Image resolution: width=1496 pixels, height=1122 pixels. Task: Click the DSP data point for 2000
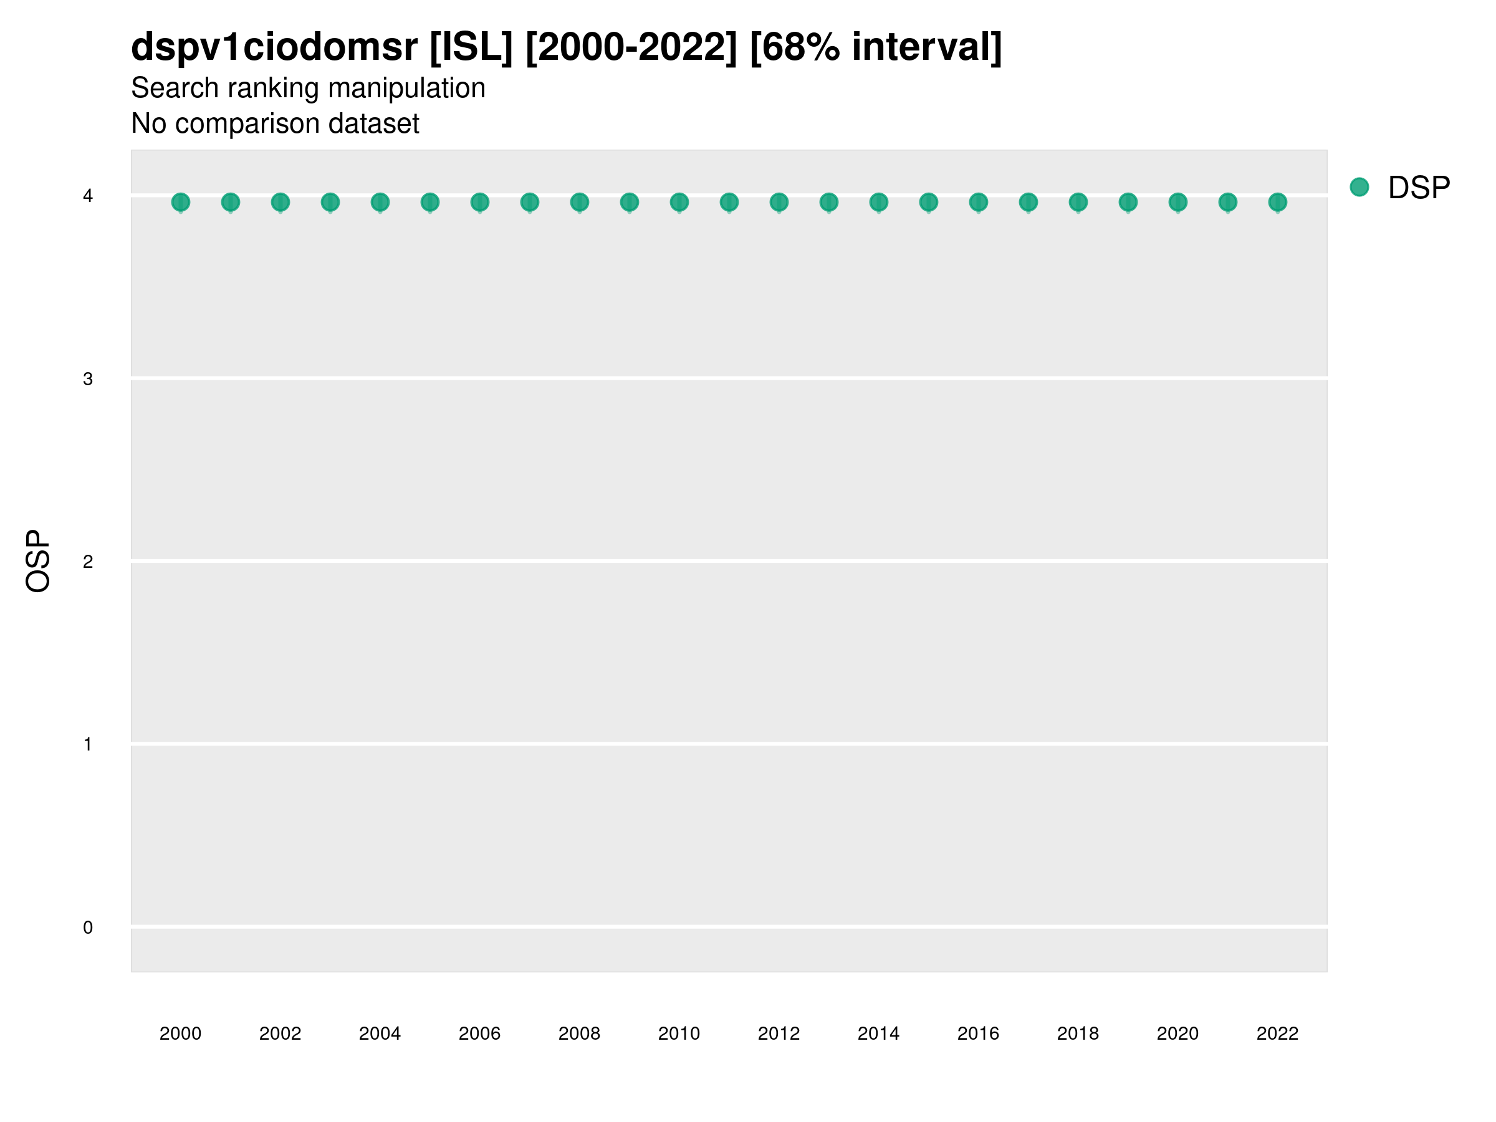coord(181,202)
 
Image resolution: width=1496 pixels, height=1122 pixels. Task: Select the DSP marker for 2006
coord(479,202)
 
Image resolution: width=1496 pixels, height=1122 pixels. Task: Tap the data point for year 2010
coord(679,202)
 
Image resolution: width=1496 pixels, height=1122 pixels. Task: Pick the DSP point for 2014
coord(878,202)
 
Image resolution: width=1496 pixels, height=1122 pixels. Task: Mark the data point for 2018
coord(1078,202)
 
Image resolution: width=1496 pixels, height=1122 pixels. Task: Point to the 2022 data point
coord(1278,202)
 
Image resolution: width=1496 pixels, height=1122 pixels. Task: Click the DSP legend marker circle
coord(1359,188)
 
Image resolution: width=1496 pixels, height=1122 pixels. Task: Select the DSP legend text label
coord(1419,188)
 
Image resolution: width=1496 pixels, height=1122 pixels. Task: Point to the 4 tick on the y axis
coord(88,196)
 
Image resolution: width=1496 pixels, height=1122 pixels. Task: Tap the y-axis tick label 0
coord(88,928)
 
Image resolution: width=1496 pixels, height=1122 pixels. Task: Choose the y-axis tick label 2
coord(88,562)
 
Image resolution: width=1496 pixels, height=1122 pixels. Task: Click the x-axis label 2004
coord(380,1033)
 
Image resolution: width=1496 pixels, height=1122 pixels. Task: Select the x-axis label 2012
coord(779,1033)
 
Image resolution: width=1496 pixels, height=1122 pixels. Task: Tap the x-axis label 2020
coord(1177,1033)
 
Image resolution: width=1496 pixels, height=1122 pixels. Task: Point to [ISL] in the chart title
coord(471,47)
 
